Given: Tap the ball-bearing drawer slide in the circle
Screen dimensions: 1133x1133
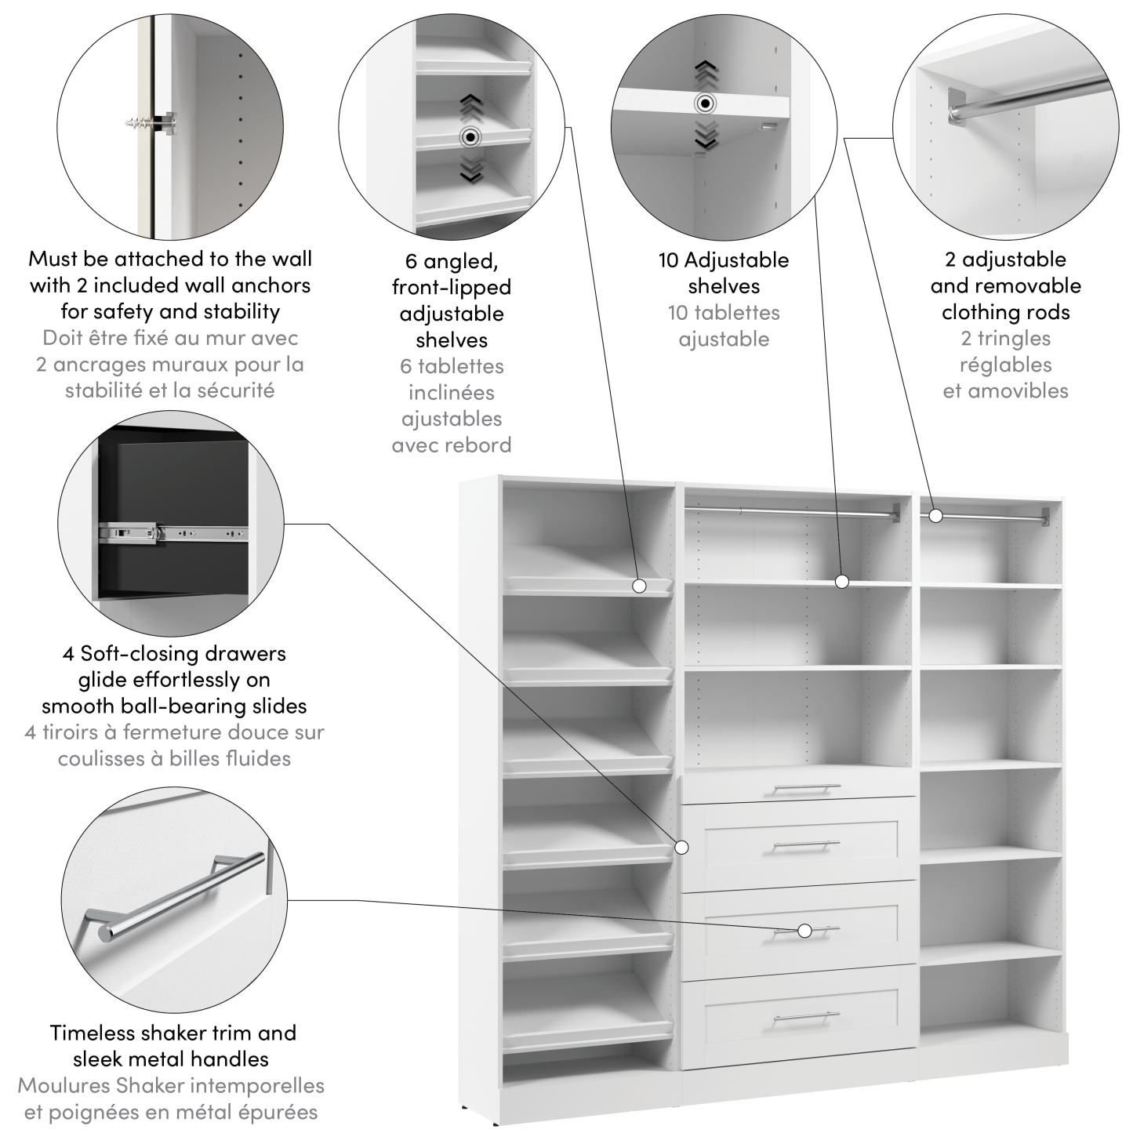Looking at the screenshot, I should (x=172, y=533).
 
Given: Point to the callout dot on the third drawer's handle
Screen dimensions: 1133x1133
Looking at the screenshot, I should (x=804, y=931).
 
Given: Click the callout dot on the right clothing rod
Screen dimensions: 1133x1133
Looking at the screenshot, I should (x=935, y=515).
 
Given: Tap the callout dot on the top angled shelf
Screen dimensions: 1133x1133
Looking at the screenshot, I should (x=639, y=586).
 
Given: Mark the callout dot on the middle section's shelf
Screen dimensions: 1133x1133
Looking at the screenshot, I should (x=842, y=581).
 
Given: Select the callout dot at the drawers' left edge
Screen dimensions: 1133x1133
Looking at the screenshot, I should (x=681, y=847).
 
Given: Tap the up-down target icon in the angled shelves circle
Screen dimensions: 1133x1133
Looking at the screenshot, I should (x=470, y=138).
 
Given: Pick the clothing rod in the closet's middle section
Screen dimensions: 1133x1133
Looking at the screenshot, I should (x=792, y=512).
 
